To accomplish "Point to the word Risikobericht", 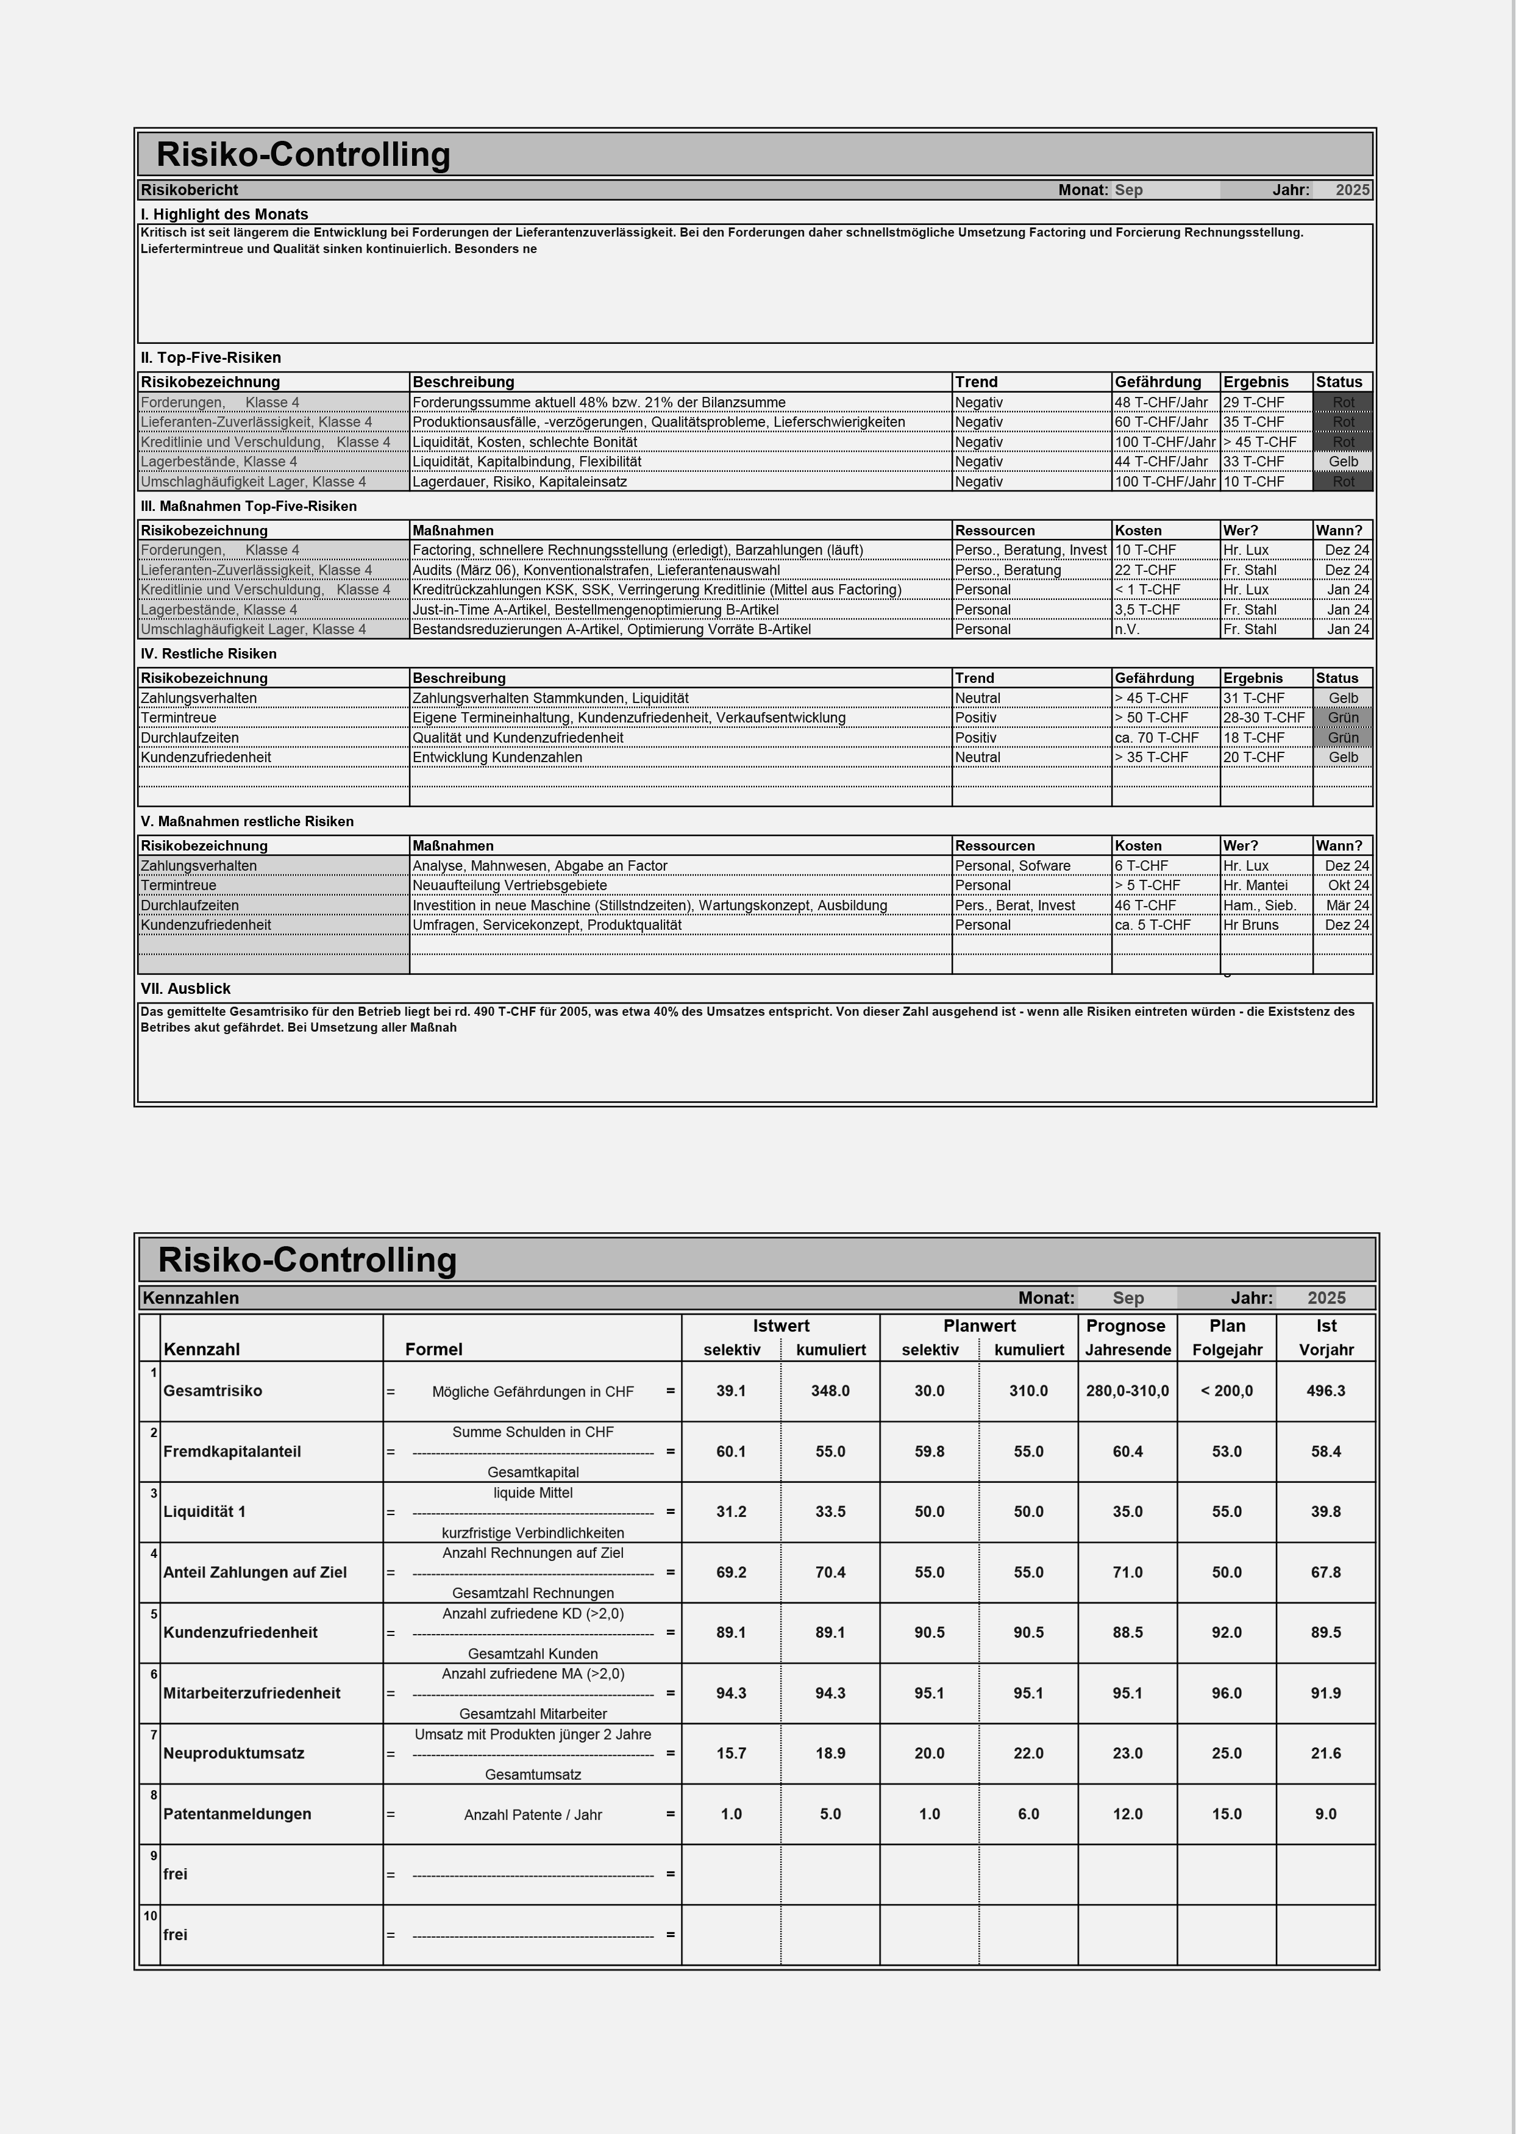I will tap(190, 190).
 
